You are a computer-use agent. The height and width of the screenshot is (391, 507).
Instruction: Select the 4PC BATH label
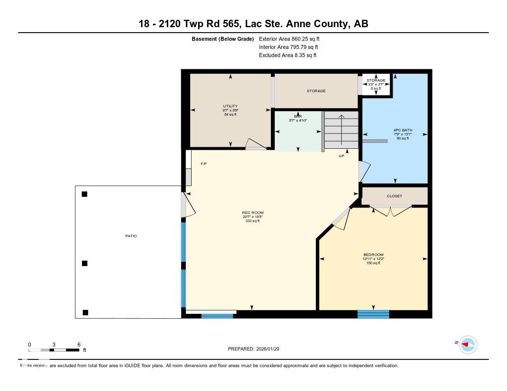pyautogui.click(x=402, y=130)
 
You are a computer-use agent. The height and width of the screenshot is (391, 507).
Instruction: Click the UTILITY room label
pyautogui.click(x=230, y=106)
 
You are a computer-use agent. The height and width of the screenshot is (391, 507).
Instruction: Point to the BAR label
pyautogui.click(x=298, y=116)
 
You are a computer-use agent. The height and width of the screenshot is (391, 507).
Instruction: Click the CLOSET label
pyautogui.click(x=395, y=196)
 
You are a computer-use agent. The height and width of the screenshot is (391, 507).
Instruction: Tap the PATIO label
pyautogui.click(x=131, y=236)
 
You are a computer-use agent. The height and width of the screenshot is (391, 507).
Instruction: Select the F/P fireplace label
pyautogui.click(x=203, y=163)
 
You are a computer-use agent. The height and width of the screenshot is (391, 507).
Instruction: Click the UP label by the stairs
pyautogui.click(x=341, y=156)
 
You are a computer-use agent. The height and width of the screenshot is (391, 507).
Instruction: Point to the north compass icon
pyautogui.click(x=467, y=344)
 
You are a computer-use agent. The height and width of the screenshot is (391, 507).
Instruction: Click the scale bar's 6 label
pyautogui.click(x=79, y=345)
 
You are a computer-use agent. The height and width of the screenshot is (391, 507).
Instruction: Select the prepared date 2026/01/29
pyautogui.click(x=257, y=349)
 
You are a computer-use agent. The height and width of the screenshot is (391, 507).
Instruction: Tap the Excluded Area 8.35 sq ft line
pyautogui.click(x=288, y=55)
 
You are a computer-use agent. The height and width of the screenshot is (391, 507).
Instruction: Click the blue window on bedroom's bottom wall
pyautogui.click(x=373, y=314)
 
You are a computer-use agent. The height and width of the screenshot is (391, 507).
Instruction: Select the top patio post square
pyautogui.click(x=85, y=194)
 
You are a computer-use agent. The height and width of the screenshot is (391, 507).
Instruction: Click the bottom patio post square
pyautogui.click(x=86, y=312)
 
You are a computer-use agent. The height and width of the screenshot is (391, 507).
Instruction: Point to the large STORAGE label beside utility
pyautogui.click(x=316, y=91)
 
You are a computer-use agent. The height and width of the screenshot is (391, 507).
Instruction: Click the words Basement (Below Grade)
pyautogui.click(x=223, y=39)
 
